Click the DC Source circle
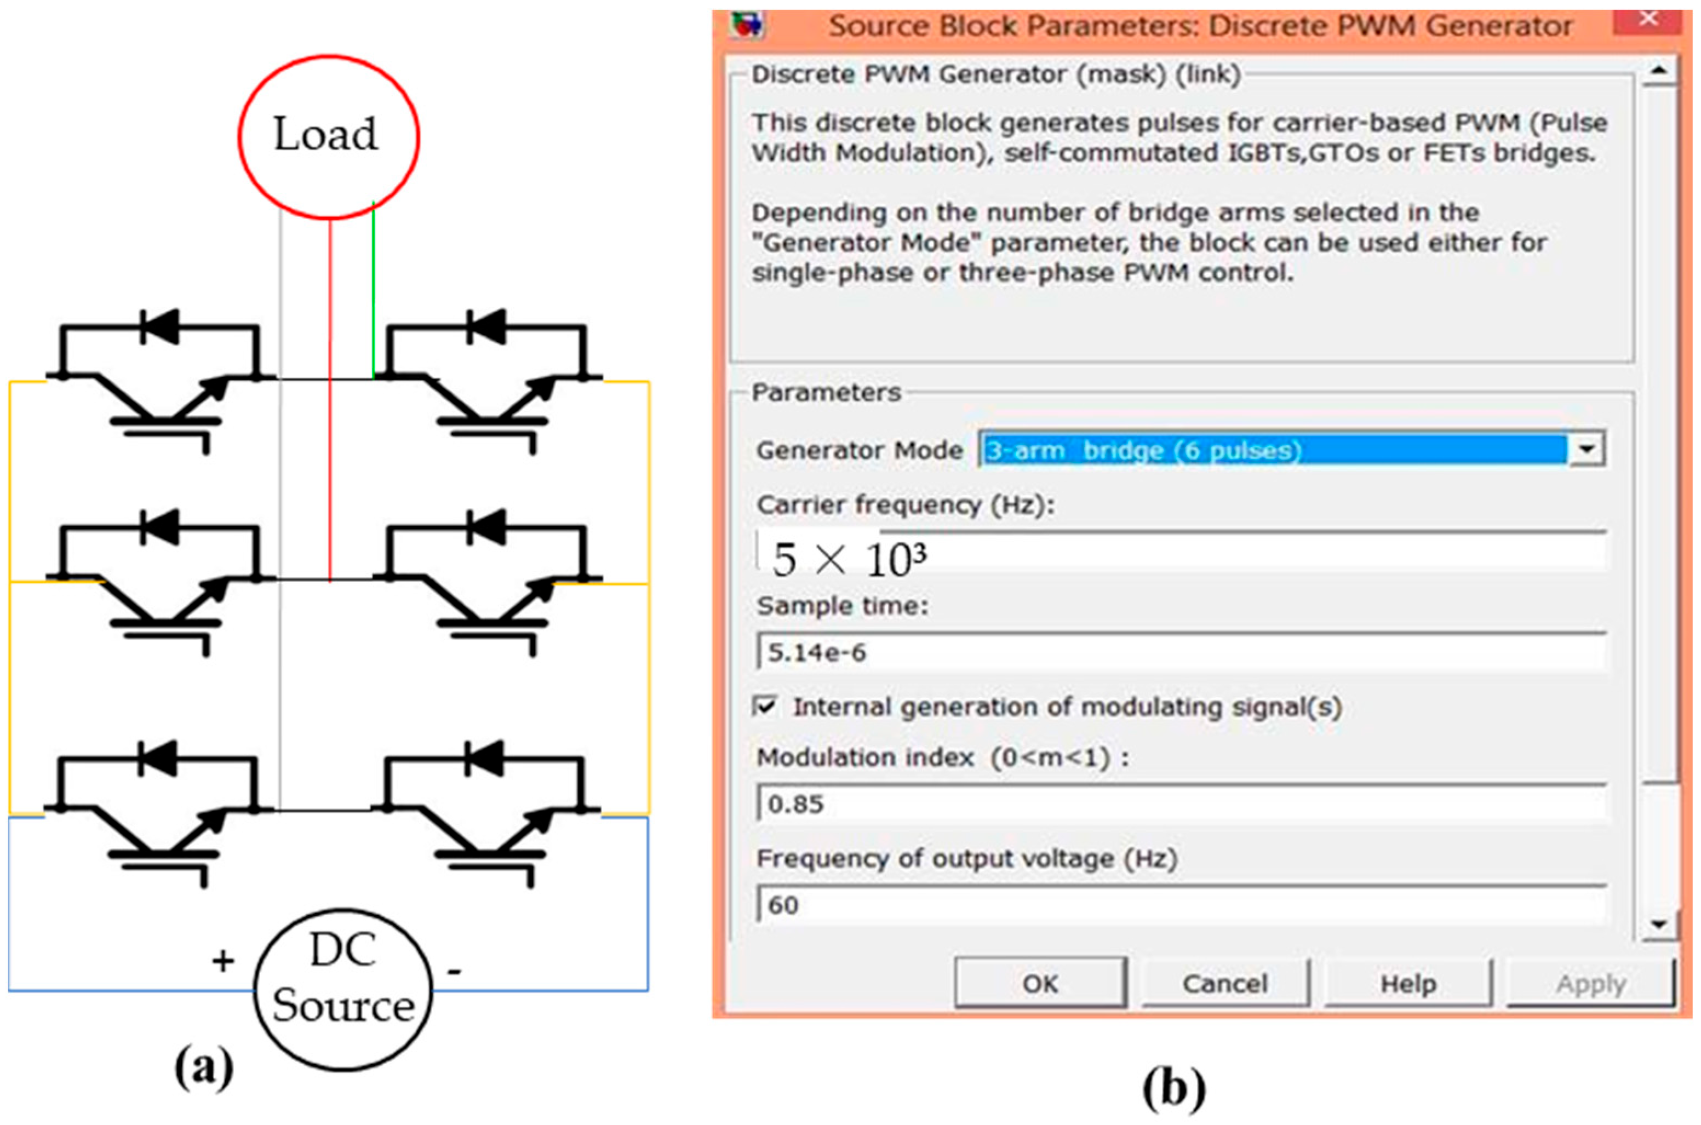click(343, 989)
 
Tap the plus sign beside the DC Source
click(223, 961)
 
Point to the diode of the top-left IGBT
click(159, 327)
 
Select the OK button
click(1040, 984)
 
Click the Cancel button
click(1224, 984)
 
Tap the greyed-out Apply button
click(1590, 984)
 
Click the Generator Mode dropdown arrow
click(1586, 450)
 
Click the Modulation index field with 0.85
click(1180, 803)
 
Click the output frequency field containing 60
click(1180, 905)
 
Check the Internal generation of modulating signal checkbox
click(765, 706)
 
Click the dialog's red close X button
click(1647, 19)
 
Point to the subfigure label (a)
click(204, 1067)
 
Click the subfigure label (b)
click(1173, 1089)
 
